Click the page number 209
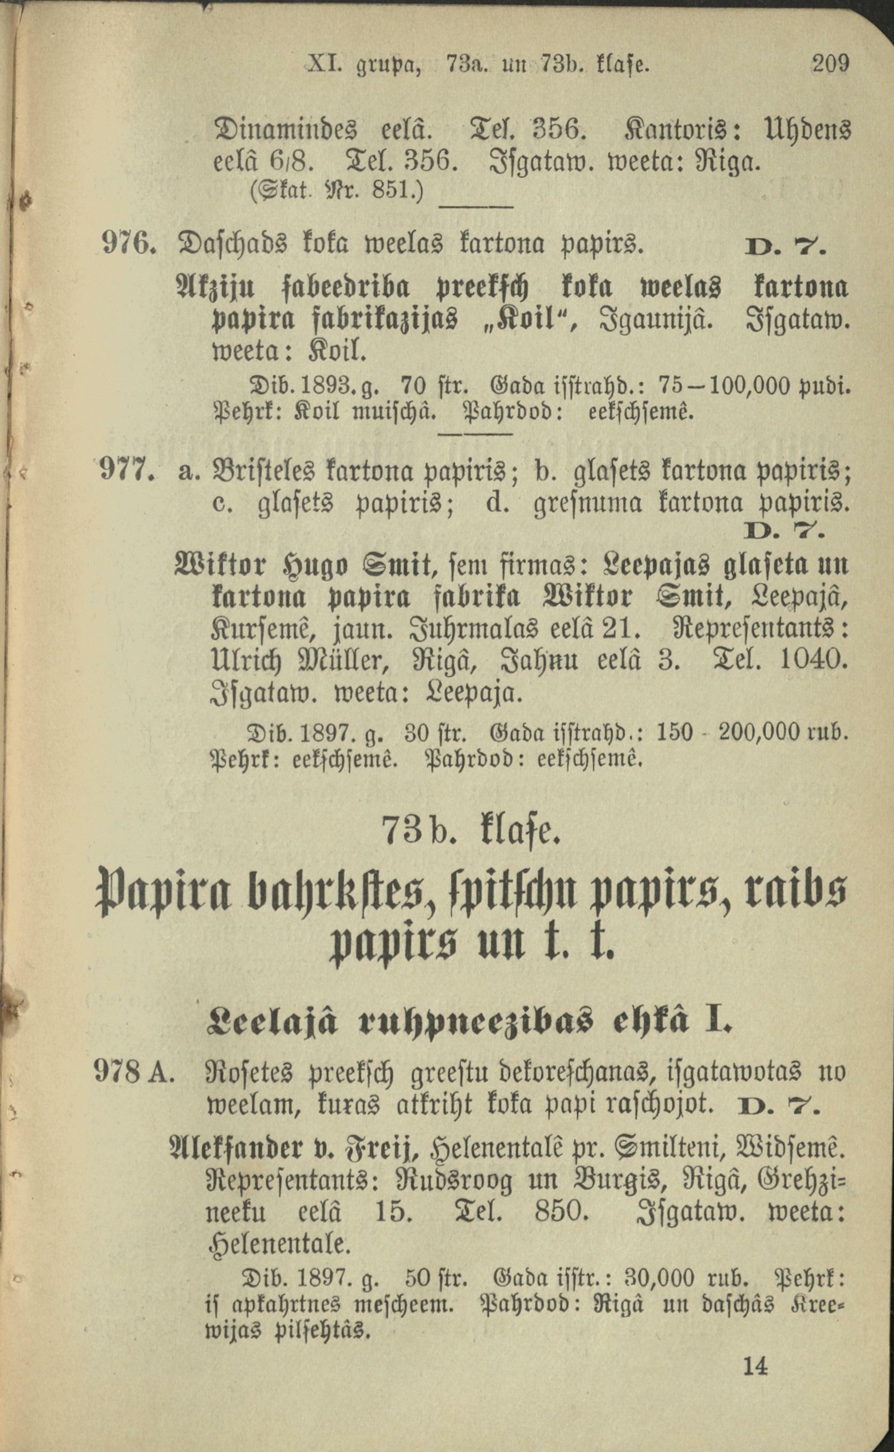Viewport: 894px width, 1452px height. (831, 63)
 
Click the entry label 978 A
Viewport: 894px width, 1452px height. (134, 1071)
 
